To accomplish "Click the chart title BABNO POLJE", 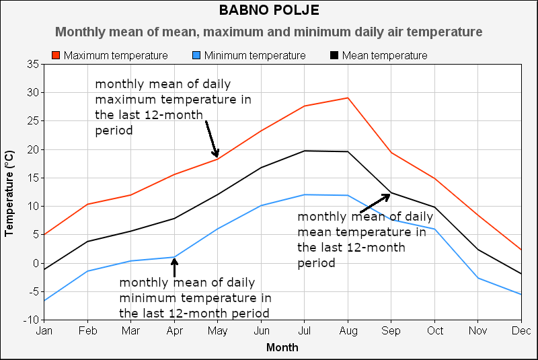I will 269,10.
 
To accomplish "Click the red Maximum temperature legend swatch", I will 56,55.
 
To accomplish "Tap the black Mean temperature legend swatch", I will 334,55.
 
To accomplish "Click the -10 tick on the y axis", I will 30,320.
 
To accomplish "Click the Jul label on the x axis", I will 305,331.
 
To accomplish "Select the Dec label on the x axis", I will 521,331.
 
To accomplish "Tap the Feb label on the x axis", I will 87,331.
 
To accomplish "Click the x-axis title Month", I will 282,348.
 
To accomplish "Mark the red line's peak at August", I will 348,98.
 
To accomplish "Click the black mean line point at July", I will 305,151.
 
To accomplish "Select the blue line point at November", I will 478,278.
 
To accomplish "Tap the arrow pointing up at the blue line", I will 175,267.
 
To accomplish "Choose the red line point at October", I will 434,178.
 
